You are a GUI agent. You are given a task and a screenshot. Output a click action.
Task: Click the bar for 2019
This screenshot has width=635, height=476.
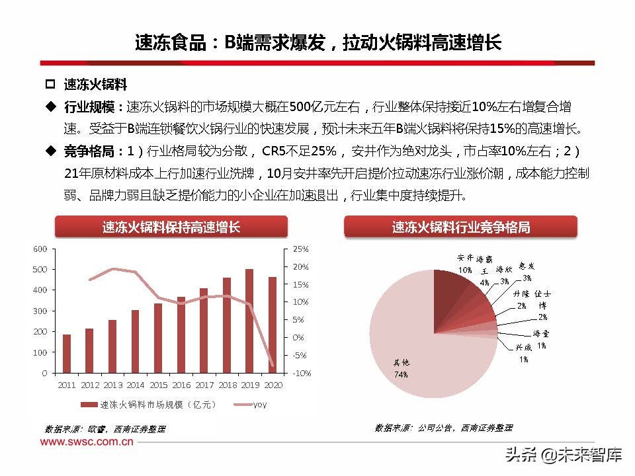coord(249,321)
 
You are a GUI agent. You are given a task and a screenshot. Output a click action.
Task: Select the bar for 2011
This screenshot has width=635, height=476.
coord(67,354)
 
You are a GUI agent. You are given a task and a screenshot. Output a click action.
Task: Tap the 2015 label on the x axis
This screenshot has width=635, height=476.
coord(157,385)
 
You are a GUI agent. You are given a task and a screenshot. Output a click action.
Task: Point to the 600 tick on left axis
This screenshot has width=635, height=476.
coord(40,249)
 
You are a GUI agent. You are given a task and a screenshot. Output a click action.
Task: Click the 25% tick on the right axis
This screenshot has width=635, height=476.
coord(301,249)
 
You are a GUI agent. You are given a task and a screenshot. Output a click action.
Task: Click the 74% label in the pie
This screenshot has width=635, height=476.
coord(402,374)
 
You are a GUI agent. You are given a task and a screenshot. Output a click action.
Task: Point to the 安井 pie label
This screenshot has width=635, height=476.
coord(465,258)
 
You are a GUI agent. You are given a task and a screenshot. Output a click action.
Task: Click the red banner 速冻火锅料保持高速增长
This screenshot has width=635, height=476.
coord(171,227)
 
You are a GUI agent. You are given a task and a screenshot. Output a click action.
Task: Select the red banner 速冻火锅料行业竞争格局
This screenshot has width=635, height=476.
coord(461,227)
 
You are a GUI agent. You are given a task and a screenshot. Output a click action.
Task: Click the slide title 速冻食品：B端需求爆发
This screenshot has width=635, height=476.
coord(317,43)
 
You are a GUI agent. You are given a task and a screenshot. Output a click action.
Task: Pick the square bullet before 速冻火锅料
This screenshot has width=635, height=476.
coord(49,85)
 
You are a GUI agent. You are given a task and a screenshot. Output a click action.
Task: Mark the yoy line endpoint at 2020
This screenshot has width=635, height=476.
coord(272,365)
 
